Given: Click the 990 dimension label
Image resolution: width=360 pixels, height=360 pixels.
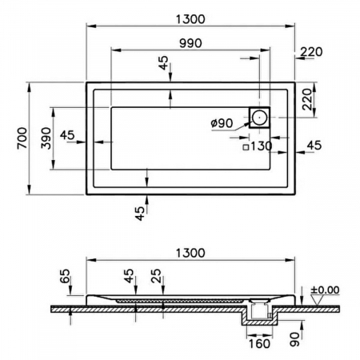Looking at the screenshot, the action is point(190,43).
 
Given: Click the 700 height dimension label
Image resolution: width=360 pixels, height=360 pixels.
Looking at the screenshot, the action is point(22,138).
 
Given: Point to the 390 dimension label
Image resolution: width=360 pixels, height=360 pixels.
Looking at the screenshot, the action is point(46,138).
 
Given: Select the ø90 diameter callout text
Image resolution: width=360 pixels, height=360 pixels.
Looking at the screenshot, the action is point(222,123).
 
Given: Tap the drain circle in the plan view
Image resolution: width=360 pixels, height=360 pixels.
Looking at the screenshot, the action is point(259,118).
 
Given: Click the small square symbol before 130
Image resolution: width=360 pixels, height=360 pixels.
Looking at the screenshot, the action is point(246,147).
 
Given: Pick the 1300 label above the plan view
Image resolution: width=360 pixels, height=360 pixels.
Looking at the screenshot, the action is point(190,19).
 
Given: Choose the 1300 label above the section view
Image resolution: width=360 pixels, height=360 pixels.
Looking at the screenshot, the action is point(190,253).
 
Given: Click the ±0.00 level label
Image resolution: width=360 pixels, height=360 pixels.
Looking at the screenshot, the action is point(325,290).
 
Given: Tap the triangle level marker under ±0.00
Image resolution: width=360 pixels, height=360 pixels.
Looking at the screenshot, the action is point(318,300).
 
